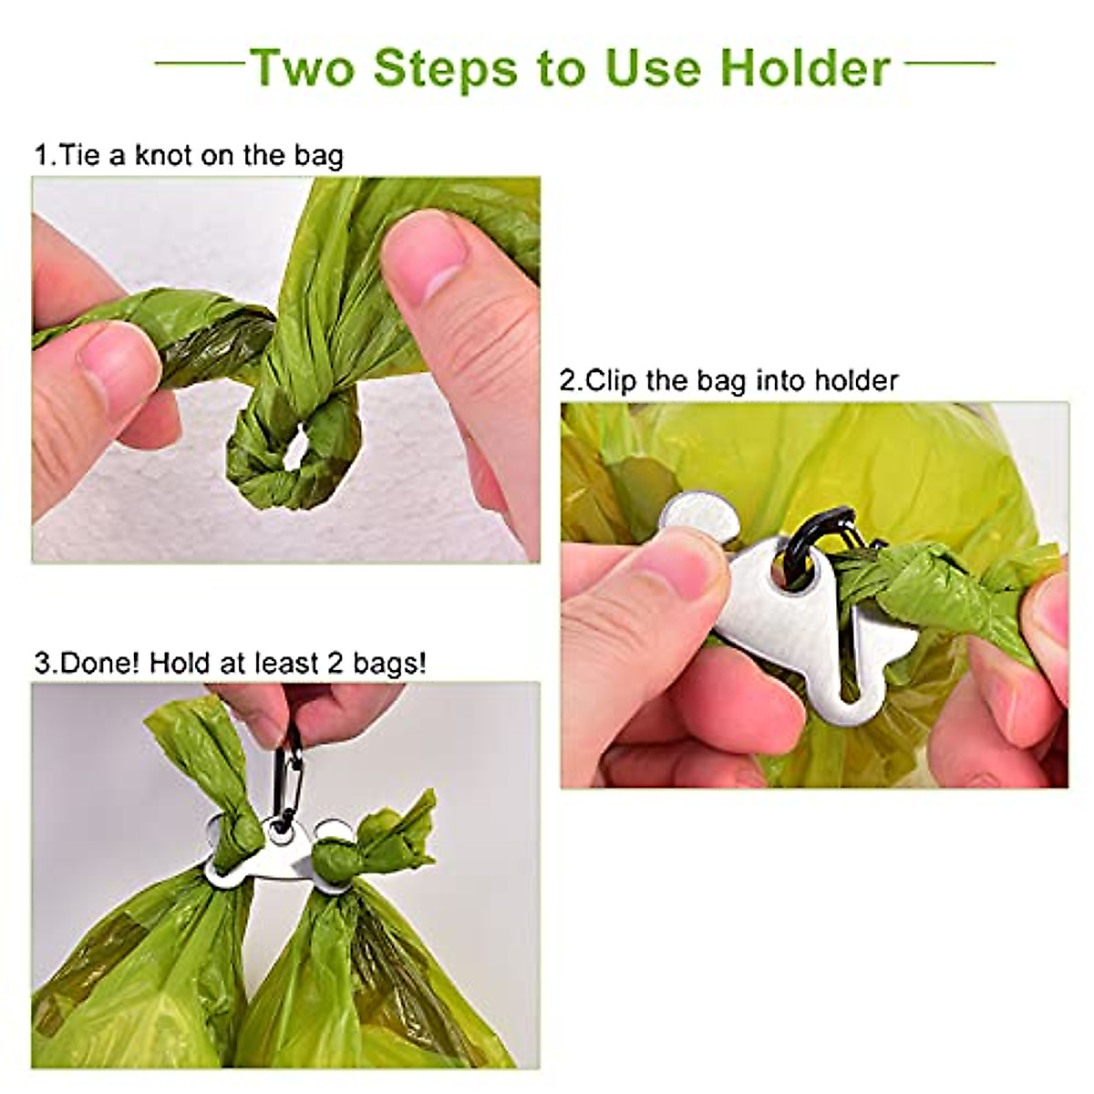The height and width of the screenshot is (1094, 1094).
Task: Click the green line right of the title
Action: click(x=950, y=64)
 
